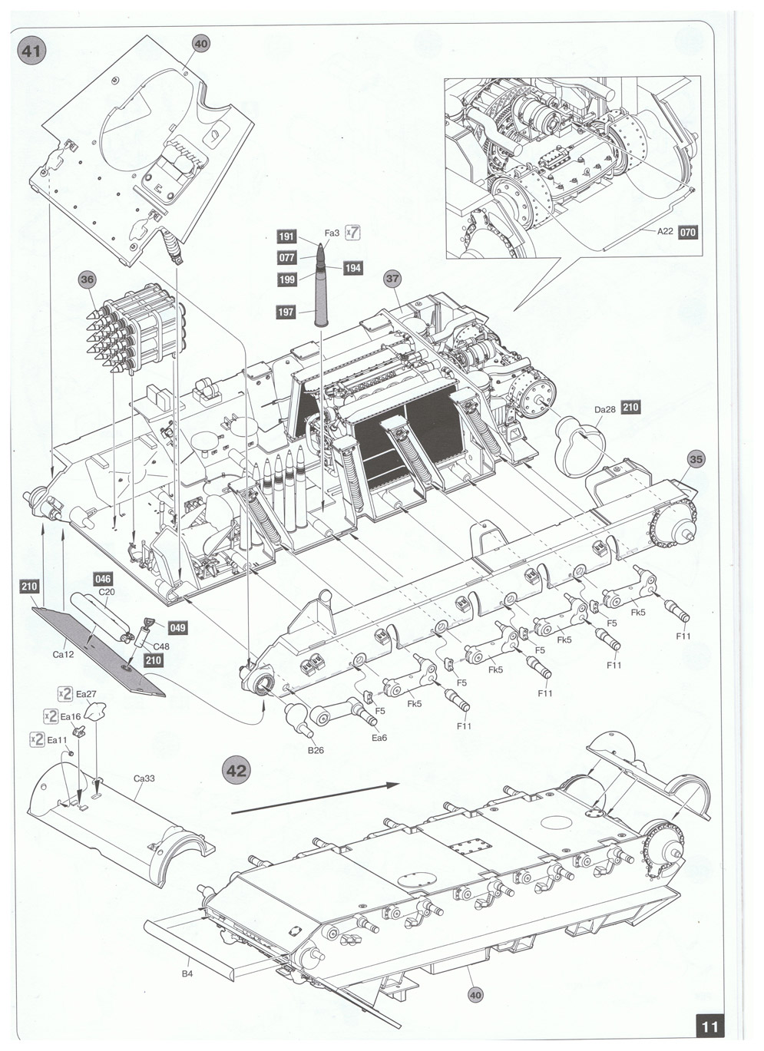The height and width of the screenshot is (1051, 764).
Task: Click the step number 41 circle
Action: [31, 51]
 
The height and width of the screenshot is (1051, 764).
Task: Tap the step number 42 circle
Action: [236, 769]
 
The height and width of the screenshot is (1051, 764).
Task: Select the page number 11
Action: [710, 1026]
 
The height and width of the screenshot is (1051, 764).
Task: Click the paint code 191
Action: [286, 237]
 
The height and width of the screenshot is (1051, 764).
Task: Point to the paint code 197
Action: [286, 311]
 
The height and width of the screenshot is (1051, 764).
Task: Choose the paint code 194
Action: [353, 268]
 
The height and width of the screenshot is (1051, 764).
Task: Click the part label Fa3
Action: [332, 233]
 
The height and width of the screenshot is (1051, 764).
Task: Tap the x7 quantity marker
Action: [353, 232]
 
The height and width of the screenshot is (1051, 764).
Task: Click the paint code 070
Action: [688, 231]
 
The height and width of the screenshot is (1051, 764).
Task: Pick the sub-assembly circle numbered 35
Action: [695, 460]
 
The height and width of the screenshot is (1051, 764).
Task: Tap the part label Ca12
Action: [63, 654]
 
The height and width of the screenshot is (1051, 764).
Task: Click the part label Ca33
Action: [144, 778]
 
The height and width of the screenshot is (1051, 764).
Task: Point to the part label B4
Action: [187, 975]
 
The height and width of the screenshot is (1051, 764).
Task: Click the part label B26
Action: [316, 749]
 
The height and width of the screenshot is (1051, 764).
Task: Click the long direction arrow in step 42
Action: [315, 797]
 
